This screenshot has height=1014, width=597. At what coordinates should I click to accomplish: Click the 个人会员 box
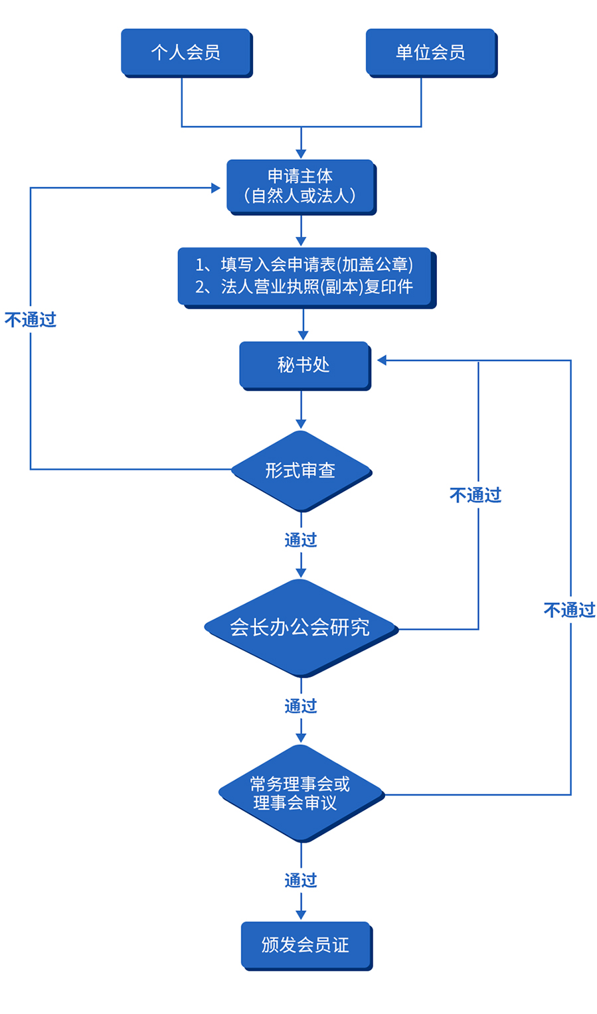click(185, 52)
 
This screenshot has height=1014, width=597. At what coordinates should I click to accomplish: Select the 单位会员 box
click(430, 52)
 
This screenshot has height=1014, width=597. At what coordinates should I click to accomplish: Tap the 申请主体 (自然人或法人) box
click(301, 186)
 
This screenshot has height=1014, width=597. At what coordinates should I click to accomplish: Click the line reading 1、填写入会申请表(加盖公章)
click(304, 265)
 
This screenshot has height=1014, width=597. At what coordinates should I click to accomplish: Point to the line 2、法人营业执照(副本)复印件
click(304, 287)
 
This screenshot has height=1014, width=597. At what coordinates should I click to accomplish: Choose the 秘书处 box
click(303, 364)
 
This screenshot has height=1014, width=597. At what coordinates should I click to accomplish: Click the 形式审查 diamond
click(301, 471)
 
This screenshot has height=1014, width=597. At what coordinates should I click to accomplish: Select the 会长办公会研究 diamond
click(300, 627)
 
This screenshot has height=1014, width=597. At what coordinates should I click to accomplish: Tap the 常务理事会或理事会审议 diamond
click(300, 793)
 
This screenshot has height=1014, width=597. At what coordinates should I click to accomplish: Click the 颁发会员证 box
click(305, 944)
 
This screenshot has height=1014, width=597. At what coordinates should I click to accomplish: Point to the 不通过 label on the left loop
click(31, 320)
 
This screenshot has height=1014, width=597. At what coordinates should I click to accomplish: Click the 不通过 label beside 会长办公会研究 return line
click(475, 495)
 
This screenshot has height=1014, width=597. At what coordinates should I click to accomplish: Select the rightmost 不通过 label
click(569, 610)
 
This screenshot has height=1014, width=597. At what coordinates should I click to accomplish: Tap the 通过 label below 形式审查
click(301, 540)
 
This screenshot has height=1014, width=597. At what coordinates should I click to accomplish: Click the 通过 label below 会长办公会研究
click(301, 706)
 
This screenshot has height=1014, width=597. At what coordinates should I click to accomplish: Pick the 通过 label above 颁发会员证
click(301, 881)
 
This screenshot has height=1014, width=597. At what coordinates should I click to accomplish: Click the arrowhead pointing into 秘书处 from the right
click(382, 360)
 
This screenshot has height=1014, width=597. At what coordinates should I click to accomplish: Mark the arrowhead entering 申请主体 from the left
click(216, 188)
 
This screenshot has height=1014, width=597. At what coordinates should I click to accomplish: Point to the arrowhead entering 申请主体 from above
click(301, 154)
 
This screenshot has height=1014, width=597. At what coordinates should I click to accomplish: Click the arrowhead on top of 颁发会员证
click(301, 915)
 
